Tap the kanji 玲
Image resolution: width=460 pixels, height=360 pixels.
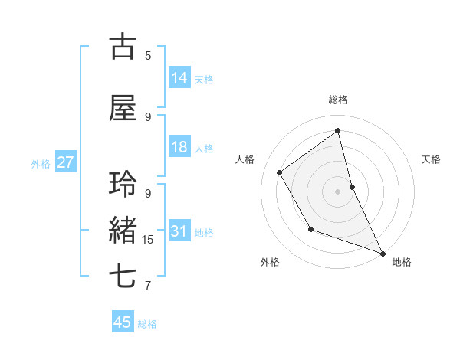tap(123, 185)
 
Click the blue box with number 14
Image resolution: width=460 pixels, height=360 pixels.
tap(179, 77)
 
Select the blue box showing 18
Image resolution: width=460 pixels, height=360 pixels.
tap(179, 147)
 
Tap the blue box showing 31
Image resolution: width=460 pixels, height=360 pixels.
tap(179, 231)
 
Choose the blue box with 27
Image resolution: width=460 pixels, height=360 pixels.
tap(65, 162)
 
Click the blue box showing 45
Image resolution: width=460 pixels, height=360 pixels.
tap(122, 322)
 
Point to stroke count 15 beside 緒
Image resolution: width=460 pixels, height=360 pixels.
tap(148, 240)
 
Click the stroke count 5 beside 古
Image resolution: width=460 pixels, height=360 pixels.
tap(148, 55)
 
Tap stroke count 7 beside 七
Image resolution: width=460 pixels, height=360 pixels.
tap(148, 286)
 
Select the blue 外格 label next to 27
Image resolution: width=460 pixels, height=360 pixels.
tap(41, 163)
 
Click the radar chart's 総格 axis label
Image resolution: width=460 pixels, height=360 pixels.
tap(337, 100)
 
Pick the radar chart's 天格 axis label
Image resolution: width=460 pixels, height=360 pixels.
tap(431, 159)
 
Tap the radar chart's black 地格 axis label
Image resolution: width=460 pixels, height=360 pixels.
tap(402, 262)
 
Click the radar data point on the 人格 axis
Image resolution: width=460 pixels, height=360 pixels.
tap(280, 172)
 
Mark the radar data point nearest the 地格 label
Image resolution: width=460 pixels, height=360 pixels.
tap(383, 254)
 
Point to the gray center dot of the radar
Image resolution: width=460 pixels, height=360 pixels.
tap(337, 191)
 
